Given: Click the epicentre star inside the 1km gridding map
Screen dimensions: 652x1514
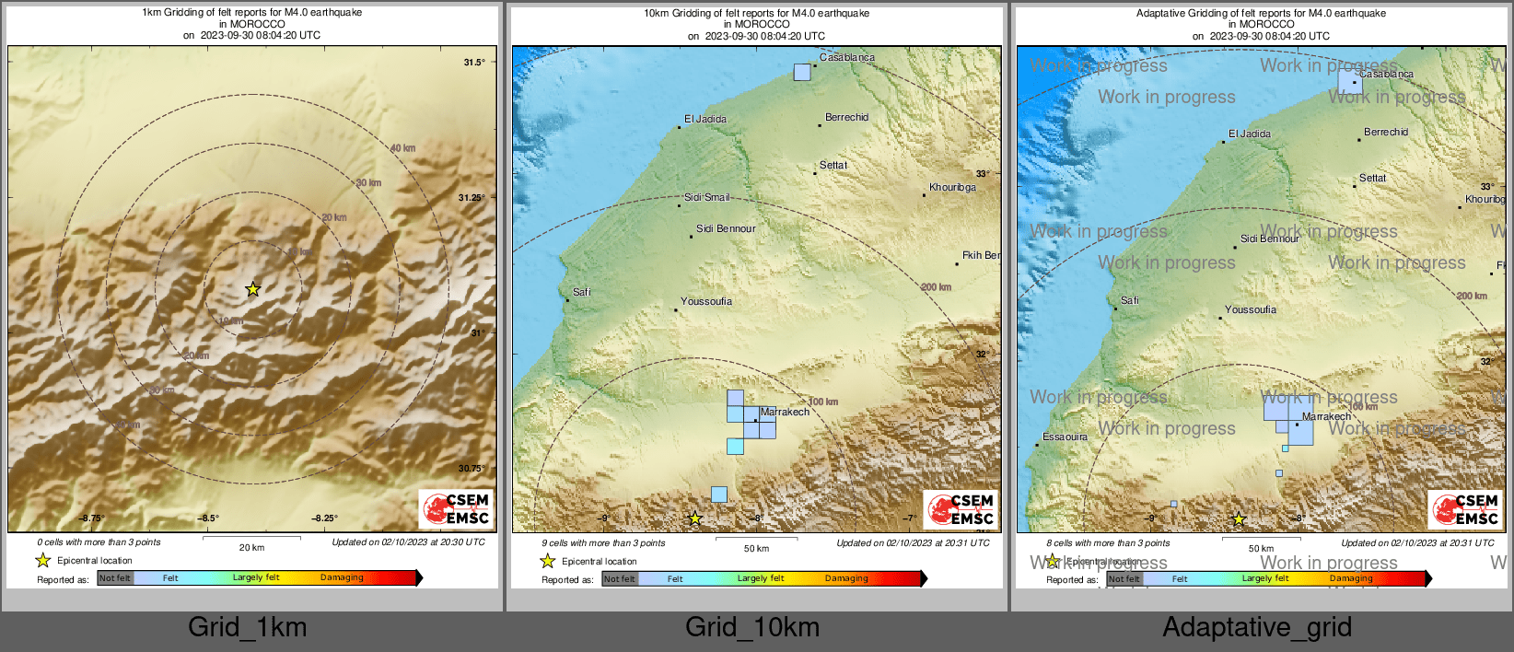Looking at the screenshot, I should (x=253, y=289).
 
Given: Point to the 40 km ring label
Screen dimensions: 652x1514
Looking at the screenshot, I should (x=402, y=148).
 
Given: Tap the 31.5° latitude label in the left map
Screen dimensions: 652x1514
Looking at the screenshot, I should (x=473, y=63).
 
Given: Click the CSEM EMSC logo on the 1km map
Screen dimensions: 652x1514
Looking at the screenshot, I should (x=456, y=508).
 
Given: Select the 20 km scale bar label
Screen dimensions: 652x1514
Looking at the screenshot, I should (x=251, y=547).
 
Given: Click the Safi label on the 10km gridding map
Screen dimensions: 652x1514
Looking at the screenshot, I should (x=582, y=292).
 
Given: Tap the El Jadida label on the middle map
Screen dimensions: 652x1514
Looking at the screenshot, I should (x=705, y=119).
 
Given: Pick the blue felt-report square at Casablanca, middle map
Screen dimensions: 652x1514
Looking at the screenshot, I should (x=802, y=72).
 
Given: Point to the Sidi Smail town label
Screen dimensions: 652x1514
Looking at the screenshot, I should (x=706, y=197).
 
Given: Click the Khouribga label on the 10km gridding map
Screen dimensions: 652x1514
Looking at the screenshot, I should (x=952, y=187).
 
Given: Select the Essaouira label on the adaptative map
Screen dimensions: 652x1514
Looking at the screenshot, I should (x=1065, y=437).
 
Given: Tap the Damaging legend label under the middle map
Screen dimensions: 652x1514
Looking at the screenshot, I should (x=846, y=578).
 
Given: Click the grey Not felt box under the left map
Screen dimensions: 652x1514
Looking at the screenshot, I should (x=115, y=578).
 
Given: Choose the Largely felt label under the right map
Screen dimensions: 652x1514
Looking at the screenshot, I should (x=1265, y=578).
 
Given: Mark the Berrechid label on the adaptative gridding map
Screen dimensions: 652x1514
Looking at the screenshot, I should (x=1386, y=132).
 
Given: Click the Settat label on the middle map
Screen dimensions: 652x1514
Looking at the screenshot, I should (x=833, y=165).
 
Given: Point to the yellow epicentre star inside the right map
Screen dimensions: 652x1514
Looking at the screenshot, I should (x=1239, y=519).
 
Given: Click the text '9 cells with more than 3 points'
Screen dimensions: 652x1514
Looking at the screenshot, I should (x=581, y=542).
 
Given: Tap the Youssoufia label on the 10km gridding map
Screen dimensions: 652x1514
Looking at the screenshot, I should (x=706, y=301).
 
